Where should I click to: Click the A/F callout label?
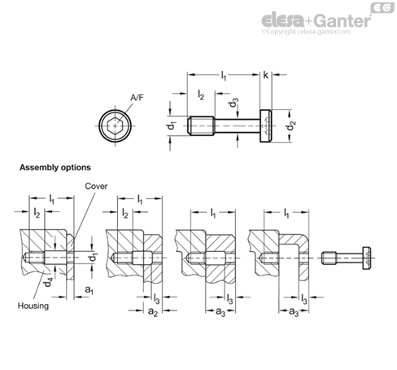[137, 98]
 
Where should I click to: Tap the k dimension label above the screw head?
[265, 75]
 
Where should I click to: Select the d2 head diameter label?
[291, 126]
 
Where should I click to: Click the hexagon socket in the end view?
[116, 126]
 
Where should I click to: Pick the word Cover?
[96, 186]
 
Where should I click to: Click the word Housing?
[33, 306]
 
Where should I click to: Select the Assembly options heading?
[55, 167]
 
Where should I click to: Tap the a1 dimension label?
[89, 290]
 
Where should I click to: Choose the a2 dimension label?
[153, 312]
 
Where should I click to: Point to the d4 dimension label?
[48, 282]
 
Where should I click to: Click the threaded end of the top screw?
[201, 126]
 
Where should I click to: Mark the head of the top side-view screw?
[266, 126]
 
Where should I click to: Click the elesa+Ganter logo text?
[316, 20]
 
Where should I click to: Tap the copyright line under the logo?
[306, 32]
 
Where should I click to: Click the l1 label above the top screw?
[223, 76]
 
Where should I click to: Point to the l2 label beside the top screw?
[201, 95]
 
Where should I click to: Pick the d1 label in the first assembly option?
[94, 257]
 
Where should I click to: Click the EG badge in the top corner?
[382, 7]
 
